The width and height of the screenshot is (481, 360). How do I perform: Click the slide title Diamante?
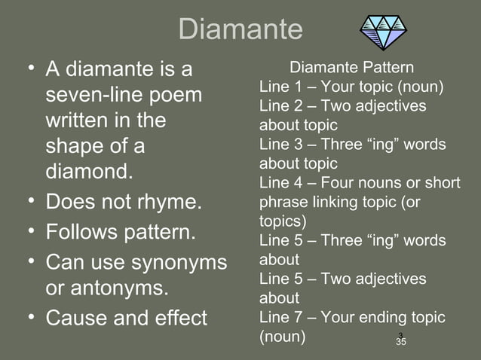pos(240,29)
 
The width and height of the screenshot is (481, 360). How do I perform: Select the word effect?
pos(178,318)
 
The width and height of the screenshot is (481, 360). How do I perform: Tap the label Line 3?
pos(278,144)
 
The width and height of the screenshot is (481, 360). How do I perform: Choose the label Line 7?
pos(278,317)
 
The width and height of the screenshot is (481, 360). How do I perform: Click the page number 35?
pos(401,343)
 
